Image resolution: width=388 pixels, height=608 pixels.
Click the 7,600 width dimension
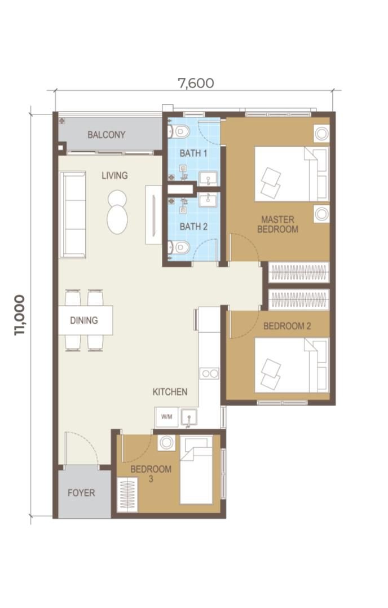[x=196, y=83]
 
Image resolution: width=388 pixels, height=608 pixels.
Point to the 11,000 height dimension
[x=19, y=315]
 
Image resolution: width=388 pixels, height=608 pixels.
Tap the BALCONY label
[x=106, y=135]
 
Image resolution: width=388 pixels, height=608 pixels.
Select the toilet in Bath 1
[x=179, y=131]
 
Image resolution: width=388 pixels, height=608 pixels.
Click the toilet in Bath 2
[x=179, y=247]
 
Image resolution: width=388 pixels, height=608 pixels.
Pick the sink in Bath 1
[x=208, y=179]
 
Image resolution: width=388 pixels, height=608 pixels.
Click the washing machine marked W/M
[x=167, y=417]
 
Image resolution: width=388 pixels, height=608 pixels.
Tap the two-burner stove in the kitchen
[x=209, y=373]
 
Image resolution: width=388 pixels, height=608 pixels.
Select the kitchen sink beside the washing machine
[x=188, y=418]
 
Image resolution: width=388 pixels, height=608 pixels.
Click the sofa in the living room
[x=73, y=215]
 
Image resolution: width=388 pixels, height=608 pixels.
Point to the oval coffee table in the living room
[x=117, y=212]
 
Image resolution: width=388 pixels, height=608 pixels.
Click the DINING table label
[x=83, y=321]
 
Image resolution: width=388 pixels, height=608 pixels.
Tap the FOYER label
[x=81, y=493]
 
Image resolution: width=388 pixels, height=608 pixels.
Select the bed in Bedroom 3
[x=196, y=470]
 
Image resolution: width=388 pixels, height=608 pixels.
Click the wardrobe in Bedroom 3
[x=127, y=495]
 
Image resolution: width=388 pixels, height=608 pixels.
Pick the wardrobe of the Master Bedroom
[x=298, y=272]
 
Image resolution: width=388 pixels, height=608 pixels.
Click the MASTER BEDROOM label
[x=277, y=224]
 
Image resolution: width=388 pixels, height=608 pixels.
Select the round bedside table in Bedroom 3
[x=166, y=443]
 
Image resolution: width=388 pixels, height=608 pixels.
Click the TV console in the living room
[x=153, y=215]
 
